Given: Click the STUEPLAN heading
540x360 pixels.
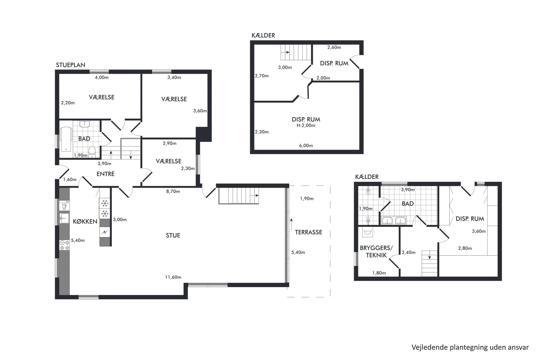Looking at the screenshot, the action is (70, 65).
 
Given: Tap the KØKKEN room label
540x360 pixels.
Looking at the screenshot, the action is (85, 221).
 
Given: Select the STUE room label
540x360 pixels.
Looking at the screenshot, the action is (173, 235).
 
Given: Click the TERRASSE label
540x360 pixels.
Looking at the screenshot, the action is (308, 232).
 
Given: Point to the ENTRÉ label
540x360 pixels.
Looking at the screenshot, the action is (106, 174).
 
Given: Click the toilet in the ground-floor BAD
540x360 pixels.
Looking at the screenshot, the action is (92, 152).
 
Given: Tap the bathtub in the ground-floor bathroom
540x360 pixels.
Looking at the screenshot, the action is (66, 139).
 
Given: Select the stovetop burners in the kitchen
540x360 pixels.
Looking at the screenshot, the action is (65, 245).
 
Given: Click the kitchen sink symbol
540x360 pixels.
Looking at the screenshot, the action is (64, 218).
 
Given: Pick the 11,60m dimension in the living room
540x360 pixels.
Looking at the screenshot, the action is (173, 277).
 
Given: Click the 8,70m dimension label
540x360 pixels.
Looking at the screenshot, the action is (173, 191).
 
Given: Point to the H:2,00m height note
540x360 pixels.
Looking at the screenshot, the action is (306, 125).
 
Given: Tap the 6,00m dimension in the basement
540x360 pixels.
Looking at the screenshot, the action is (306, 146).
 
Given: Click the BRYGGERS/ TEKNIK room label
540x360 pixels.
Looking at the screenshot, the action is (376, 252).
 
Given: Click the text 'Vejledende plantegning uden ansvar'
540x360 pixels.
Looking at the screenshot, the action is (470, 347).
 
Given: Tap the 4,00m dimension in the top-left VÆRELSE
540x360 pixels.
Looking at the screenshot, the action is (102, 77).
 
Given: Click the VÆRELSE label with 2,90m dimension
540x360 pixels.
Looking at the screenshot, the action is (168, 161).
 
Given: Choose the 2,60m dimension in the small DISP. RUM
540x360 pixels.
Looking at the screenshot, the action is (334, 47).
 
